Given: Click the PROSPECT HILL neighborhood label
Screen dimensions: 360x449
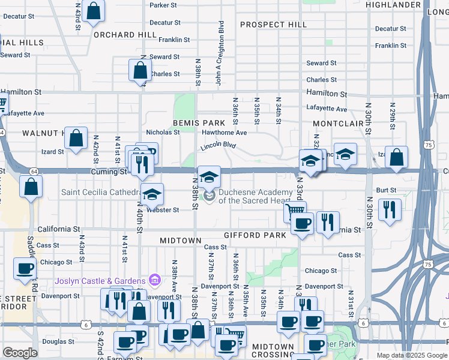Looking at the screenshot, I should [x=273, y=25].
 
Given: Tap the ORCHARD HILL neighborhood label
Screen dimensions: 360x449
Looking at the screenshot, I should [x=125, y=34].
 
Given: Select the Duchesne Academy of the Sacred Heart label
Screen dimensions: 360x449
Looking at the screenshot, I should [x=258, y=196].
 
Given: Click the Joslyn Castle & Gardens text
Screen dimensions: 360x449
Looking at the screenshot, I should [x=100, y=281].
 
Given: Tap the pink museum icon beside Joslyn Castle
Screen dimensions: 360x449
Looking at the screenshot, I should [x=154, y=280].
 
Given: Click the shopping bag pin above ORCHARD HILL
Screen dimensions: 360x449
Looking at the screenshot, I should [x=94, y=11].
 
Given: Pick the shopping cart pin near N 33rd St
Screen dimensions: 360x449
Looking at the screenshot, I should [x=295, y=211].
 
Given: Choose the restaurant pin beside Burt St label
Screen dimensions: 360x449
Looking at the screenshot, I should [x=390, y=209].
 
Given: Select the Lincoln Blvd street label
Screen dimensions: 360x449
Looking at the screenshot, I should [x=218, y=145].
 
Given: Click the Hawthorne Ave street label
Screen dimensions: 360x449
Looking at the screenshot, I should [x=224, y=133].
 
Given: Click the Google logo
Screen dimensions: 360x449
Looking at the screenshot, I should [x=20, y=353].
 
